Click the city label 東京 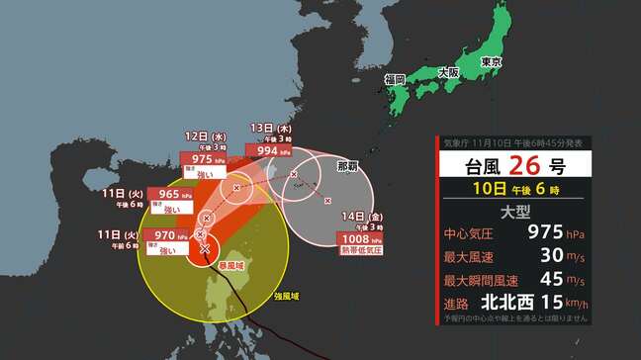[492, 62]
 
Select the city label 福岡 [396, 78]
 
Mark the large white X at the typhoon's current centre [205, 248]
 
